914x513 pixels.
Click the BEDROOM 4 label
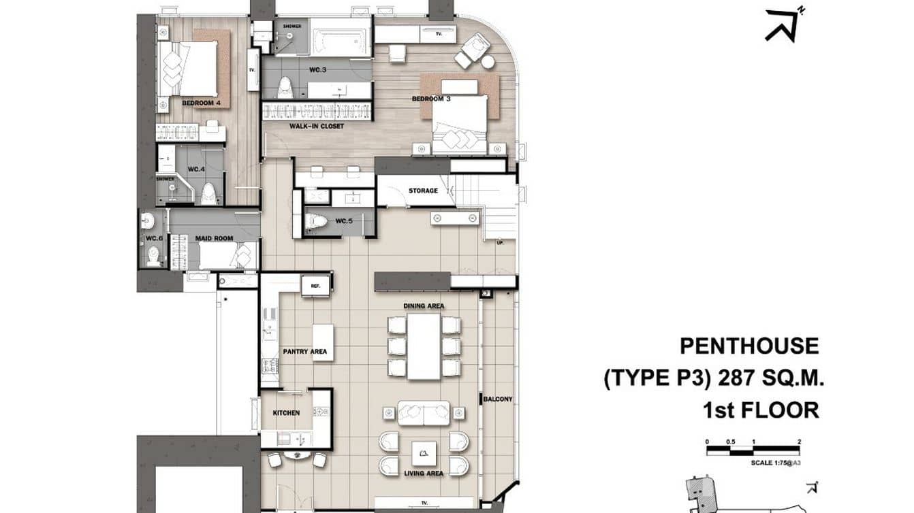pyautogui.click(x=201, y=103)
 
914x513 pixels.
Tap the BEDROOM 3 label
pyautogui.click(x=431, y=99)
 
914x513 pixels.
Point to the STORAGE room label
pyautogui.click(x=423, y=191)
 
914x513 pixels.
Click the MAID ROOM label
pyautogui.click(x=214, y=238)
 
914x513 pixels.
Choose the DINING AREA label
pyautogui.click(x=424, y=306)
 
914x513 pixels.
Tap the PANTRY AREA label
pyautogui.click(x=304, y=352)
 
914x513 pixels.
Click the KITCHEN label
pyautogui.click(x=286, y=413)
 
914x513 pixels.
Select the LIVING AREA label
pyautogui.click(x=424, y=474)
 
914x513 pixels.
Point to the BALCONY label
pyautogui.click(x=498, y=399)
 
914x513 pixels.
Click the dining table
pyautogui.click(x=424, y=346)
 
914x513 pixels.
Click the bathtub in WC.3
pyautogui.click(x=341, y=37)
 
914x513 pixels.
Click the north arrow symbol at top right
pyautogui.click(x=782, y=24)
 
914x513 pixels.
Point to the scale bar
pyautogui.click(x=753, y=450)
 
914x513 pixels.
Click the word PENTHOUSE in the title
pyautogui.click(x=748, y=346)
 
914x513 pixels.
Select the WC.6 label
pyautogui.click(x=154, y=238)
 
